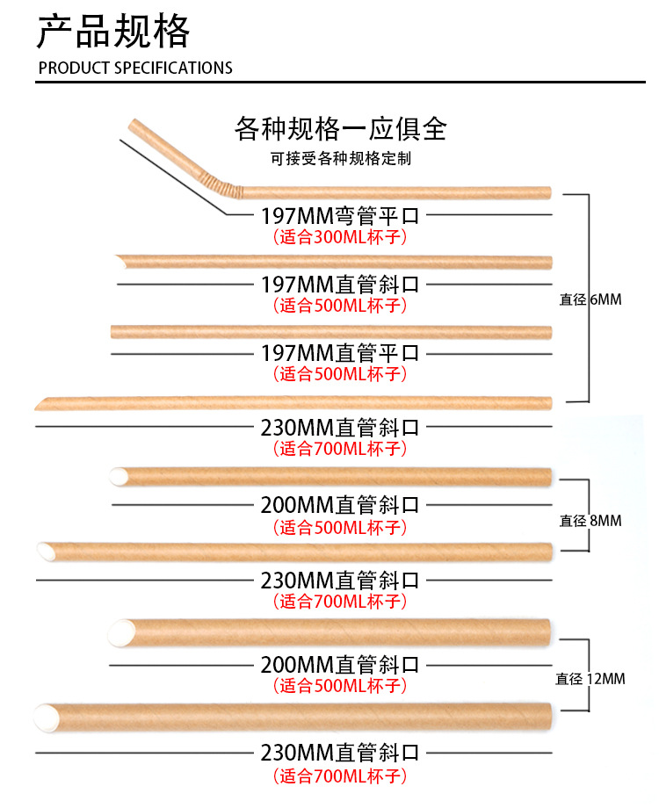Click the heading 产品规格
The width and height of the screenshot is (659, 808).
[112, 32]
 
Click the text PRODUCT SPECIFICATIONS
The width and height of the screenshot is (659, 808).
[135, 68]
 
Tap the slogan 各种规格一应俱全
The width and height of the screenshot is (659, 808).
[341, 129]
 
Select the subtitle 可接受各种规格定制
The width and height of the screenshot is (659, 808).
[341, 159]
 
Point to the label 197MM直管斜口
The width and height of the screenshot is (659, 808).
[340, 285]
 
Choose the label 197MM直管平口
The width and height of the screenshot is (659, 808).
[340, 353]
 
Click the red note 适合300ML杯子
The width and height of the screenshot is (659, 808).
[340, 236]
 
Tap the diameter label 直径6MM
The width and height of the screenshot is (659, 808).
[590, 299]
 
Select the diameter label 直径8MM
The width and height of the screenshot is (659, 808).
[590, 520]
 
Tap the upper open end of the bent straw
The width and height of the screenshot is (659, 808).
[132, 126]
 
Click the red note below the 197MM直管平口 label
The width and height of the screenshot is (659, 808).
[340, 374]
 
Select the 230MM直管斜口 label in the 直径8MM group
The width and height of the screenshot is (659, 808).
[340, 581]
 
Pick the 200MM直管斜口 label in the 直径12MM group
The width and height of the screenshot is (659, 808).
[340, 665]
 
